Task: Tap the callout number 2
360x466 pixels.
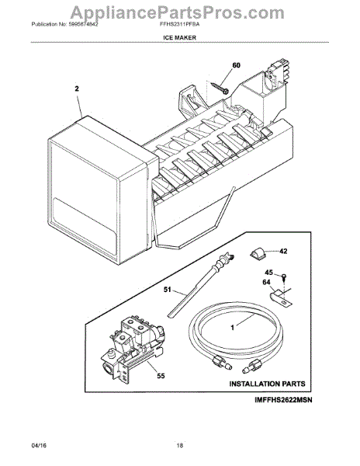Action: [x=77, y=89]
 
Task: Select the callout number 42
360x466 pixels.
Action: [x=282, y=251]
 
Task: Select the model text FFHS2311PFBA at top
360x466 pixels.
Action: [x=180, y=24]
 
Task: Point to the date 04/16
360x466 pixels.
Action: [x=39, y=448]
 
